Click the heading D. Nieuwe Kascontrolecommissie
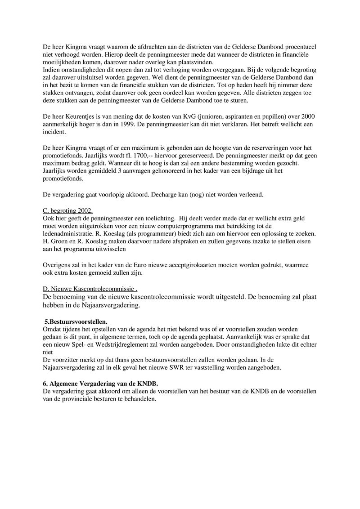pos(89,288)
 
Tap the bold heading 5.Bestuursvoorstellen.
pos(76,322)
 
